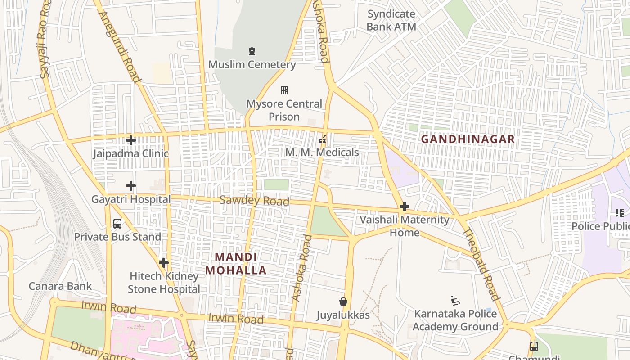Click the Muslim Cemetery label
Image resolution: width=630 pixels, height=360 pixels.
coord(252,64)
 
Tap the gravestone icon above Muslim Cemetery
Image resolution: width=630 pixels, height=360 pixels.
coord(252,51)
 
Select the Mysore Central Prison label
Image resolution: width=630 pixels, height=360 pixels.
coord(284,110)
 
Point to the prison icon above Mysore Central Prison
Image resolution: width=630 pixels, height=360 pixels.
coord(284,90)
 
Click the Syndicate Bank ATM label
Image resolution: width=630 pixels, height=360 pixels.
coord(391,20)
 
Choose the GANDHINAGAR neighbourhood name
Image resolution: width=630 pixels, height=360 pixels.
coord(468,139)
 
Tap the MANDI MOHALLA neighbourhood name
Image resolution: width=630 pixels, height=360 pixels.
coord(236,264)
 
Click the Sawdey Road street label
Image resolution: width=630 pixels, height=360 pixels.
coord(254,201)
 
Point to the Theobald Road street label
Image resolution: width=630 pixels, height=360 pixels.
coord(481,264)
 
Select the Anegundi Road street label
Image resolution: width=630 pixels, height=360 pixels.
coord(120,47)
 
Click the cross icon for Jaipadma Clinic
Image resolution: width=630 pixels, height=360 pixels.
coord(131,140)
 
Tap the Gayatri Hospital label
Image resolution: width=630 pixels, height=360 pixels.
coord(131,199)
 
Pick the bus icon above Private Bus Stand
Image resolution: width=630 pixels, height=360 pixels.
coord(117,224)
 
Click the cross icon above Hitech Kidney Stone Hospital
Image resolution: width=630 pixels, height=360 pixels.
coord(164,263)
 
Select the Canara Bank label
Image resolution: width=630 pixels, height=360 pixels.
coord(60,286)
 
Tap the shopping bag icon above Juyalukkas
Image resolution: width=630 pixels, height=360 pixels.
coord(343,301)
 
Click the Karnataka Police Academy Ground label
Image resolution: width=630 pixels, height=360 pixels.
coord(455,320)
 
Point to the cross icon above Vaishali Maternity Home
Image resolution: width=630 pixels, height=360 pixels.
coord(405,207)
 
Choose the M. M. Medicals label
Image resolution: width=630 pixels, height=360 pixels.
coord(322,153)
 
